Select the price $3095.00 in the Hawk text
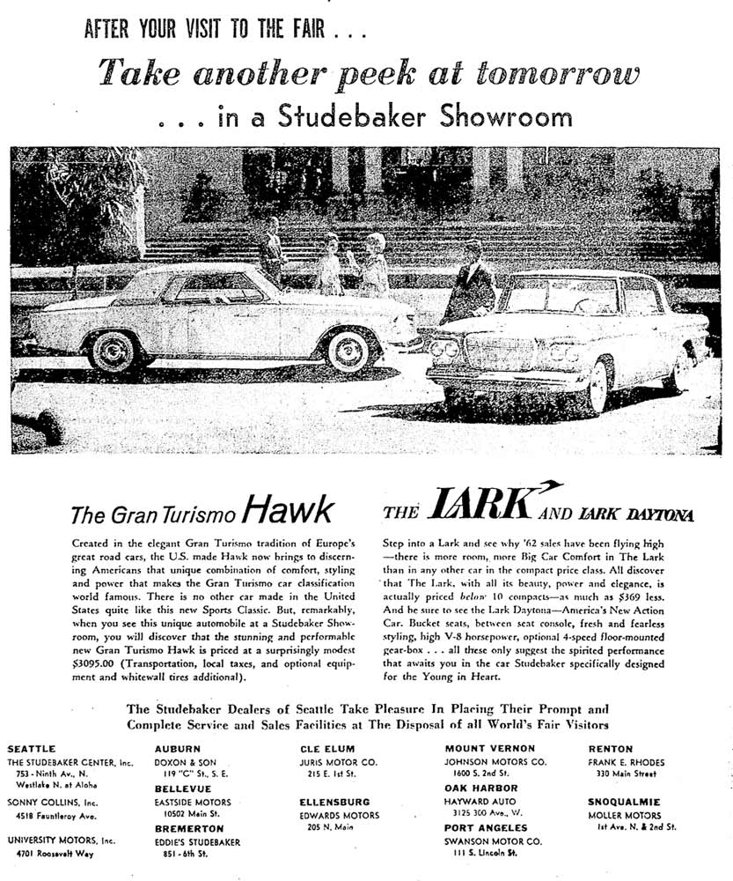(x=99, y=665)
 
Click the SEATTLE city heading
(x=32, y=749)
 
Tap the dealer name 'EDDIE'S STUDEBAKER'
(x=197, y=841)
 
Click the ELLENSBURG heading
(x=334, y=803)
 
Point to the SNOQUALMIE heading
(x=627, y=803)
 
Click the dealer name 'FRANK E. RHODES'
(x=627, y=762)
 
